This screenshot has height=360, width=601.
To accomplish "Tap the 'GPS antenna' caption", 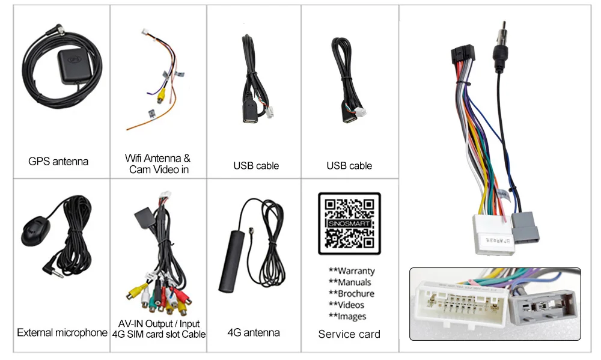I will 58,161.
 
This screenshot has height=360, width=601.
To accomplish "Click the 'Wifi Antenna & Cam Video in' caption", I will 158,163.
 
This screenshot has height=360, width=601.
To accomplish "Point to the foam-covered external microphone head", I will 35,231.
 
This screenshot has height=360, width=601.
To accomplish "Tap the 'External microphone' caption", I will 62,332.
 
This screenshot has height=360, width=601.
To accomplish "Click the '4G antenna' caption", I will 254,332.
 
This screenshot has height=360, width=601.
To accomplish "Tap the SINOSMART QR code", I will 349,224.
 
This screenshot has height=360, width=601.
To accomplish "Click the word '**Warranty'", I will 352,271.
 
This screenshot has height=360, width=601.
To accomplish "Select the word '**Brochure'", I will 352,294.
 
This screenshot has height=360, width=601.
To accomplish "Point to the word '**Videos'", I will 347,305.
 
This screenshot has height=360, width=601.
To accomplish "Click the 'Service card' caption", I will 349,334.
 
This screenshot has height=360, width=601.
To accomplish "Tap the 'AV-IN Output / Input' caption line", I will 159,324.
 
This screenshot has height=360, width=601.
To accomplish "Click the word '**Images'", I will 347,317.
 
